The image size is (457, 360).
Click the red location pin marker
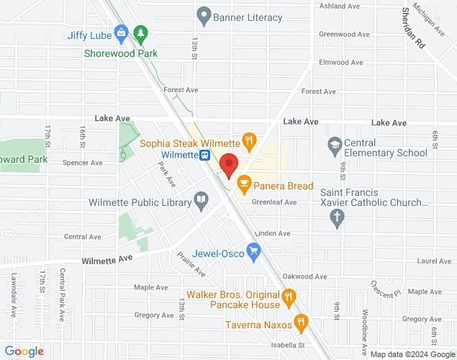point(229,166)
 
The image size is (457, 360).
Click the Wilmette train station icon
point(206,155)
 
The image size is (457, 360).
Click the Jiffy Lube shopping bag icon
point(121,34)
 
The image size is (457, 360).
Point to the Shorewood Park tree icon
point(141,34)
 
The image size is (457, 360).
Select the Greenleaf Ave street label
point(274,202)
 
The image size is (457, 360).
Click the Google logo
point(24,351)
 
